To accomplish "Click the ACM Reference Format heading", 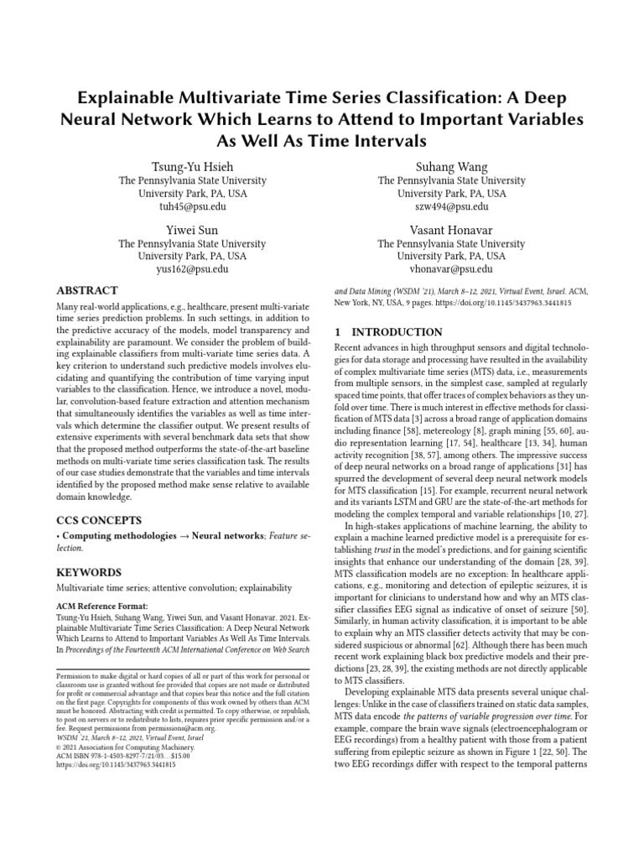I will [101, 605].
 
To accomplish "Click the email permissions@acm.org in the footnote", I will [190, 730].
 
